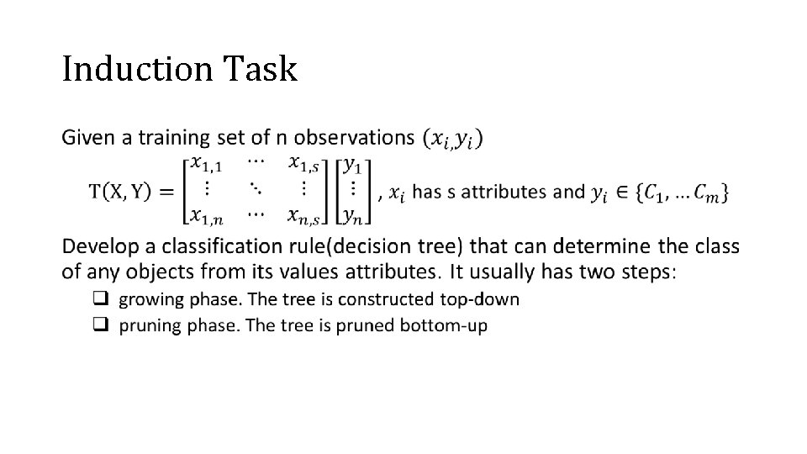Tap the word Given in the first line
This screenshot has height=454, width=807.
coord(87,136)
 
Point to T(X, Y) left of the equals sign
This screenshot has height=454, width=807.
coord(120,192)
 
